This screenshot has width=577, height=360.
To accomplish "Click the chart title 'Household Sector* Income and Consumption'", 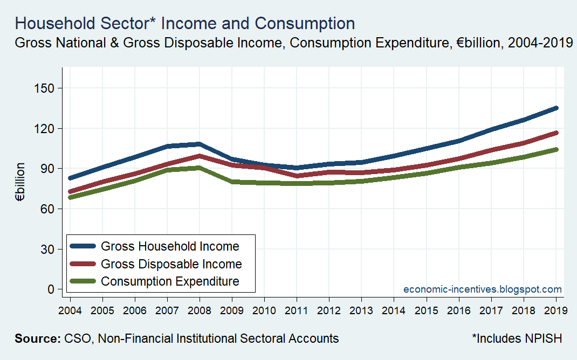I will pyautogui.click(x=185, y=23).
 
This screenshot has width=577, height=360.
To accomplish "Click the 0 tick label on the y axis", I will pyautogui.click(x=51, y=289).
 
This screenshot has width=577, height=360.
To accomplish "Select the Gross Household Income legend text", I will pyautogui.click(x=170, y=246).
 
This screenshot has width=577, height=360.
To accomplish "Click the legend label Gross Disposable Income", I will pyautogui.click(x=171, y=264).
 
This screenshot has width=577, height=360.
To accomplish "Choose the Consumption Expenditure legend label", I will pyautogui.click(x=170, y=281).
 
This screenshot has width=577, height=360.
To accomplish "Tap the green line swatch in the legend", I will pyautogui.click(x=83, y=281).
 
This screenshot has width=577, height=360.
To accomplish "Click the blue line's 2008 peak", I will pyautogui.click(x=200, y=144).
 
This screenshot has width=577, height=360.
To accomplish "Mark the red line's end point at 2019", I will pyautogui.click(x=557, y=133).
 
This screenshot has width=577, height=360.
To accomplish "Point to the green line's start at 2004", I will pyautogui.click(x=70, y=198).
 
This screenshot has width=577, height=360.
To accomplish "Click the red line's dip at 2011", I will pyautogui.click(x=297, y=176).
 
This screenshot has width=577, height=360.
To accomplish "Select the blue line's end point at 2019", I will pyautogui.click(x=557, y=108).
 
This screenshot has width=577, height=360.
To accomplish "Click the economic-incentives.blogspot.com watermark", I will pyautogui.click(x=483, y=289).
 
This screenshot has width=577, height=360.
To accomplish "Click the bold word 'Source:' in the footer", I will pyautogui.click(x=37, y=338).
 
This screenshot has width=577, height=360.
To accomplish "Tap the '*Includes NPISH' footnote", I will pyautogui.click(x=517, y=338).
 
